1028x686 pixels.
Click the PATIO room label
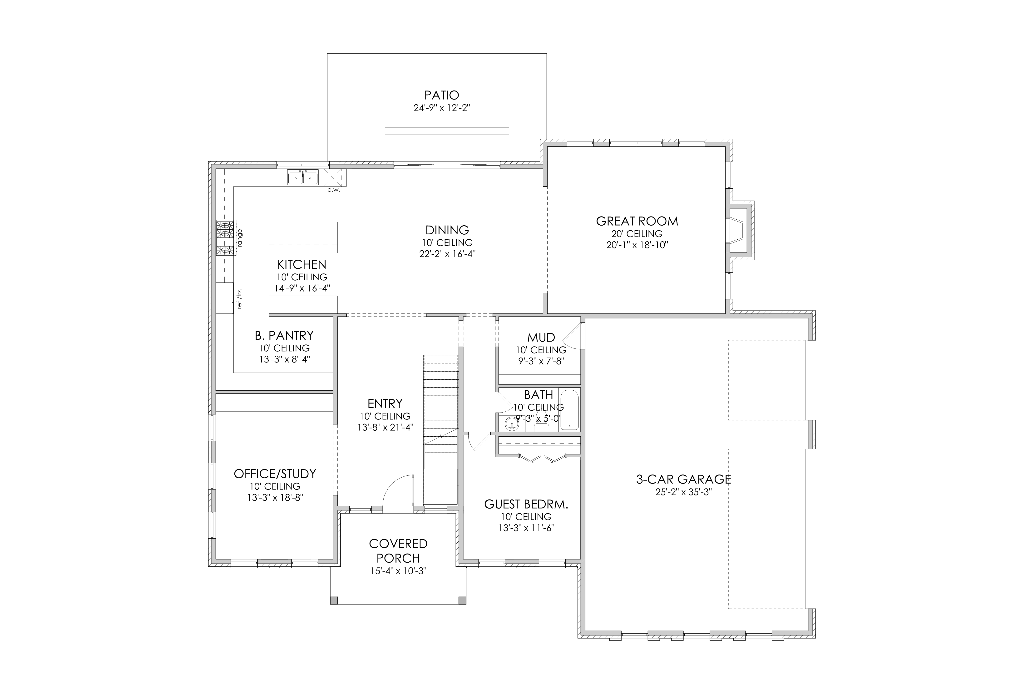441,95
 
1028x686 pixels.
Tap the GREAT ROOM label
637,221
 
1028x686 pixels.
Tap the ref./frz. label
239,299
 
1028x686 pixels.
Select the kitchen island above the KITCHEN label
303,237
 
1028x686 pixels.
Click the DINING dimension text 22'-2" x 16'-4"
447,254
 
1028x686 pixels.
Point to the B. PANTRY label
284,336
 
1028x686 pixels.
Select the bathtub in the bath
569,410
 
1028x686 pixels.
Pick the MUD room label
541,337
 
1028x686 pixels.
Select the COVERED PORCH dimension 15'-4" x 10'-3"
398,571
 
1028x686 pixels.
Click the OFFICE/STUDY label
275,473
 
